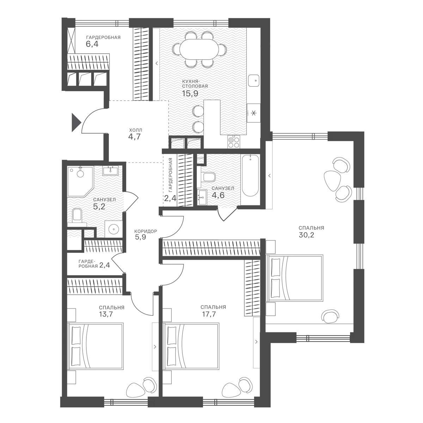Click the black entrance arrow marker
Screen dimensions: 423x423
[76, 122]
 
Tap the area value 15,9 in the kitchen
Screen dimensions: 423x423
[190, 93]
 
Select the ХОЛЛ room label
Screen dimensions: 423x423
[135, 130]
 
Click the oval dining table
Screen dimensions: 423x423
[199, 48]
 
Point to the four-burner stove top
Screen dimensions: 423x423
[234, 142]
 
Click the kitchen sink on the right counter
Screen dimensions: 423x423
[254, 81]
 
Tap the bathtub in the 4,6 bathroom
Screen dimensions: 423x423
[250, 176]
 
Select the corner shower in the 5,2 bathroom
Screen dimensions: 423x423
[80, 182]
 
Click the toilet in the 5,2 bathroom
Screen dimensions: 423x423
[77, 216]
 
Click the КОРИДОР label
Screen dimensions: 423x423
[146, 231]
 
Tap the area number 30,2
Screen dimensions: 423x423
[306, 235]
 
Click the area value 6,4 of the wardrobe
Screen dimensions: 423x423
[92, 44]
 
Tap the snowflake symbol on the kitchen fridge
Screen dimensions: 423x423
[253, 113]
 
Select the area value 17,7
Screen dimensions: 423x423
[209, 314]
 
